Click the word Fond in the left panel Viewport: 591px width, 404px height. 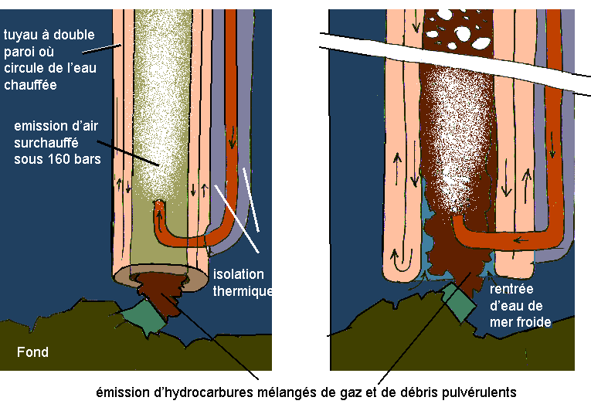(32, 352)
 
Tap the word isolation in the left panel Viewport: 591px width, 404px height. (239, 275)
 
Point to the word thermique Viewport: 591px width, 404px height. (244, 291)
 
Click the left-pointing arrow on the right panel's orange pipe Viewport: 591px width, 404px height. (524, 239)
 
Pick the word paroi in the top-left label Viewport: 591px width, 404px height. (19, 51)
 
